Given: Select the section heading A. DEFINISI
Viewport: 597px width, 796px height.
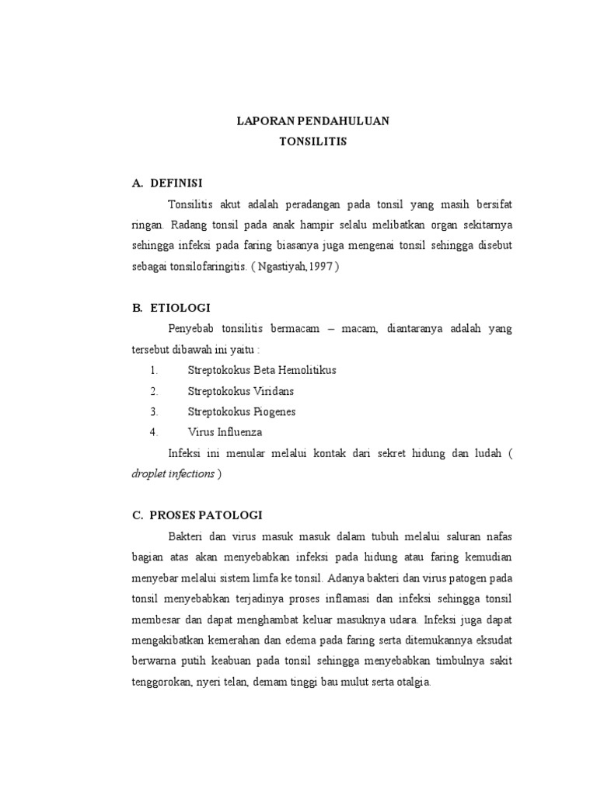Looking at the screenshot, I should [167, 183].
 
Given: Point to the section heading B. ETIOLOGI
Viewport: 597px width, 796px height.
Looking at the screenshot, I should [171, 309].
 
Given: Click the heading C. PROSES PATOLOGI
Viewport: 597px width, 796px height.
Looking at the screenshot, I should [197, 515].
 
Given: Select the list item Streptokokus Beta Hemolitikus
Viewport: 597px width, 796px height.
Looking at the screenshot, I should [262, 370].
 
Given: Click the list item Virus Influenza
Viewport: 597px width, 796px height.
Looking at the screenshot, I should [225, 431].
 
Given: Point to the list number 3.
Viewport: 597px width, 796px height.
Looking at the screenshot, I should [154, 411].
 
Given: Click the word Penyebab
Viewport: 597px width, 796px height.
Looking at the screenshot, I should [189, 329].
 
